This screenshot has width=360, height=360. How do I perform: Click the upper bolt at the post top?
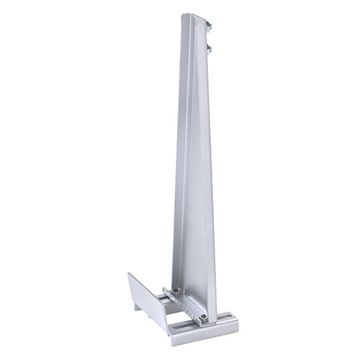click(x=209, y=25)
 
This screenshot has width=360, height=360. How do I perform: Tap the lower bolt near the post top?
click(x=210, y=50)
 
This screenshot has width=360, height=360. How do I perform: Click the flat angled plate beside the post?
click(x=148, y=302)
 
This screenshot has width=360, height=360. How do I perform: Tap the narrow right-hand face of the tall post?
click(x=210, y=180)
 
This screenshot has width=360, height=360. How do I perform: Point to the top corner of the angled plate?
click(x=130, y=275)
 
